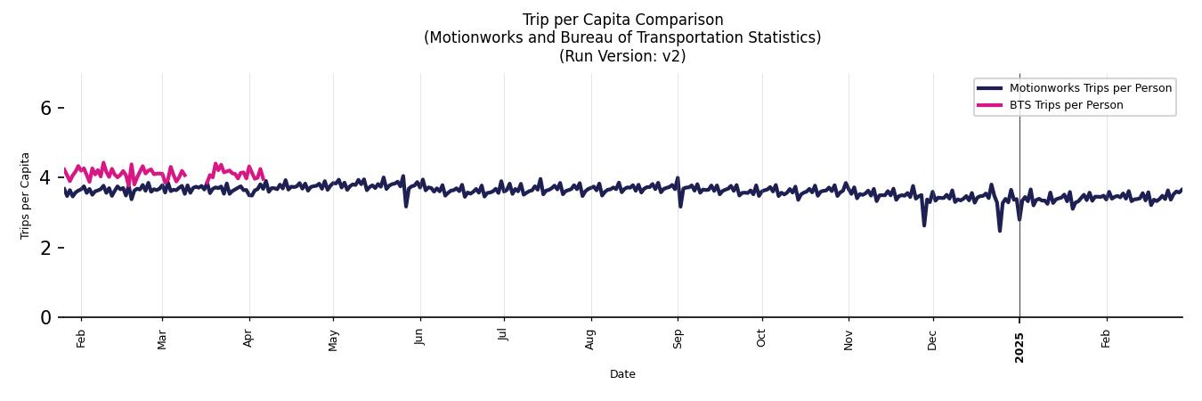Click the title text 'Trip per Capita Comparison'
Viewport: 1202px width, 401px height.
point(622,20)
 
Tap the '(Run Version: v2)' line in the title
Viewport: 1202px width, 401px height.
point(622,55)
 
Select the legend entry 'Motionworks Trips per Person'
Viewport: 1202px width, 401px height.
point(1090,87)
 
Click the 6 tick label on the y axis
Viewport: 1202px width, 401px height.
point(46,108)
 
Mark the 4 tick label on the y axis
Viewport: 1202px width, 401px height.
point(46,177)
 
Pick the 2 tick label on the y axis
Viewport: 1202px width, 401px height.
point(46,247)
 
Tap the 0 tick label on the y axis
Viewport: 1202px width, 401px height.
point(46,317)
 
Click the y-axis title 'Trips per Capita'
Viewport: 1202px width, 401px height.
point(25,195)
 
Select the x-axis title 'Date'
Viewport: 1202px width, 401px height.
point(622,374)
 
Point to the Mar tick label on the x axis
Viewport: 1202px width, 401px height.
point(162,340)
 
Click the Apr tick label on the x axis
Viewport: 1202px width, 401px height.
point(249,340)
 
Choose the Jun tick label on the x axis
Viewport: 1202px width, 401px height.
point(420,340)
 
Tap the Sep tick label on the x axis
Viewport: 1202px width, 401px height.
point(678,340)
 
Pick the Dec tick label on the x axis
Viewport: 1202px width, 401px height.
point(932,340)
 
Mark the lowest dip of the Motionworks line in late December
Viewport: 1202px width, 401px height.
point(1000,231)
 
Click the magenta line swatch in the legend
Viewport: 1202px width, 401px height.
point(990,105)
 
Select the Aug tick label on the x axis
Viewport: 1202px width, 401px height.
point(590,340)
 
